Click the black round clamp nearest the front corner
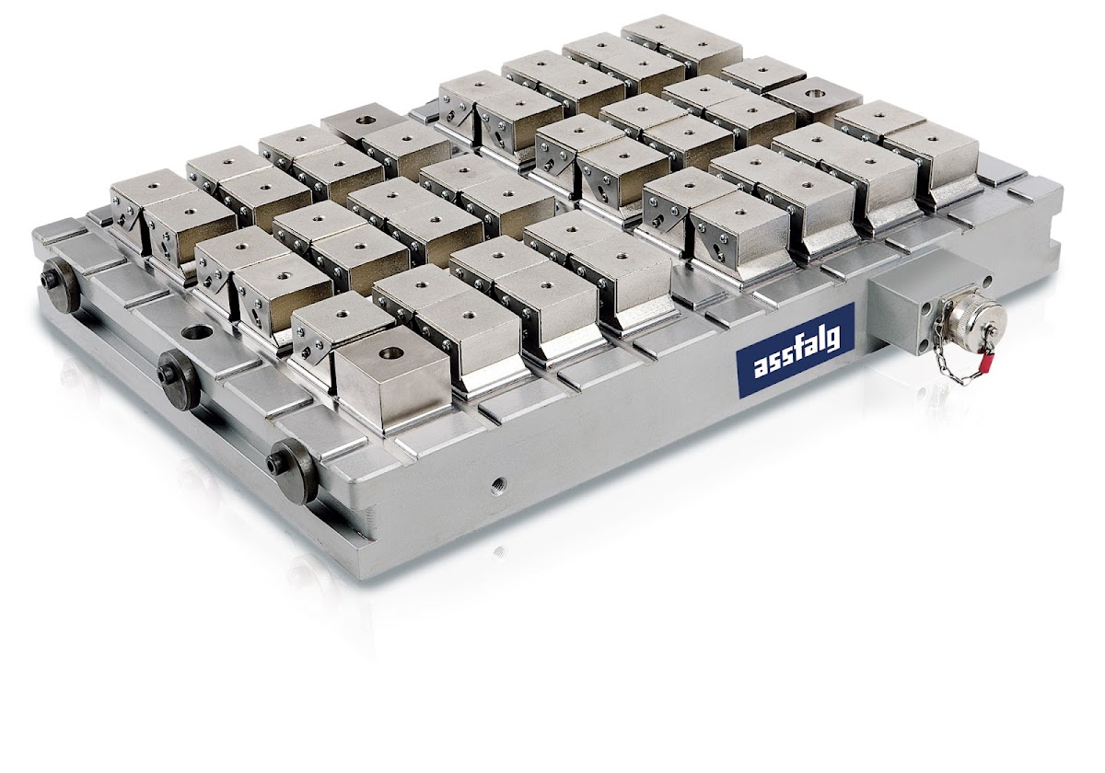291,470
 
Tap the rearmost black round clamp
60,286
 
